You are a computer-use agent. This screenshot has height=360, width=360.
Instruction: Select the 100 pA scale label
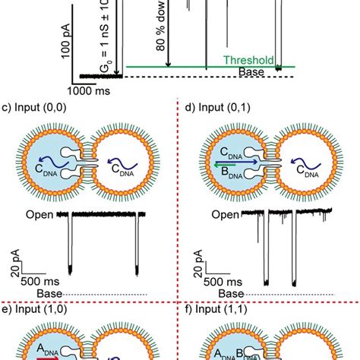(66, 54)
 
